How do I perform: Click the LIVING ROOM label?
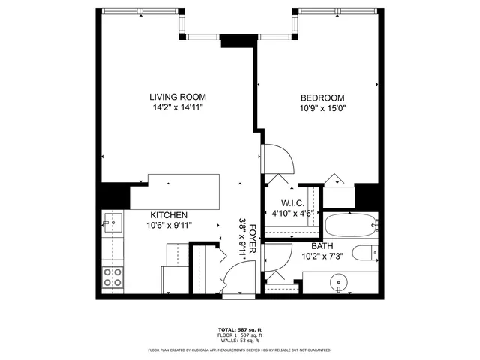(177, 97)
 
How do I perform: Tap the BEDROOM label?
(322, 97)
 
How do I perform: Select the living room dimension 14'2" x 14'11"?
(177, 108)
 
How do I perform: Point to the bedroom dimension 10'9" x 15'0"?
(322, 109)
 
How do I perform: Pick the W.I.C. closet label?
(292, 202)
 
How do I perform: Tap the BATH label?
(322, 246)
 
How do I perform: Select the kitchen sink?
(115, 223)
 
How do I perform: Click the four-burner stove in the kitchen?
(114, 277)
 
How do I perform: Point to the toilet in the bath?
(367, 253)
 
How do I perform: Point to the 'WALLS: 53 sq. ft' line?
(240, 341)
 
